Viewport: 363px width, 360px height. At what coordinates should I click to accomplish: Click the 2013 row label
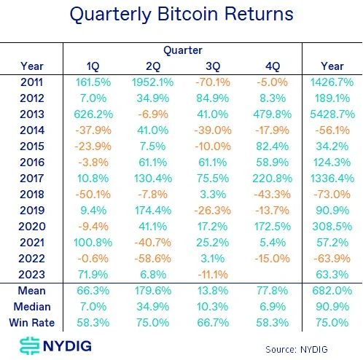click(32, 114)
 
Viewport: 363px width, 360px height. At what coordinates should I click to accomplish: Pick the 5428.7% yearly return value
click(331, 114)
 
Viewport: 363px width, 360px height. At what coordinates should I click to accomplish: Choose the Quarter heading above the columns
click(182, 51)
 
